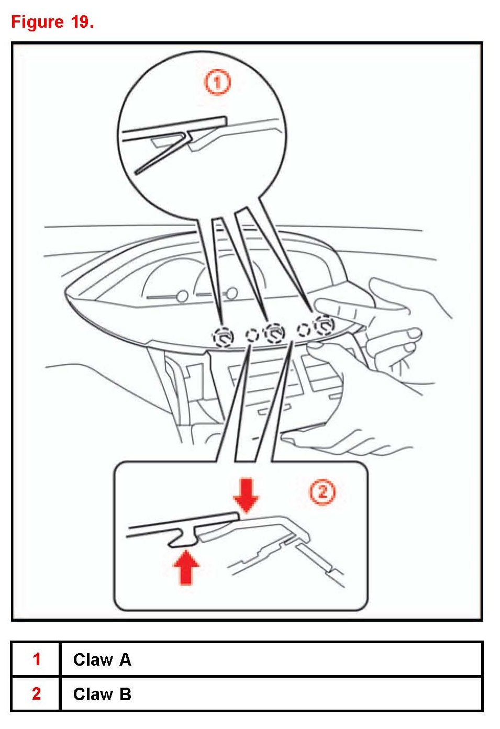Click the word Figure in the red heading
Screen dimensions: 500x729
click(37, 23)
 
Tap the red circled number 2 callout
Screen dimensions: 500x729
click(322, 491)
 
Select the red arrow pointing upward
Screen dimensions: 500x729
click(186, 567)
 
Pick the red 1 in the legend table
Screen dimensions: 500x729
click(37, 659)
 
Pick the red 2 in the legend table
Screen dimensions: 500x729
click(37, 693)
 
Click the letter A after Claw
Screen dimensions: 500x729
click(125, 660)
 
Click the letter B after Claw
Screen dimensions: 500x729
click(125, 694)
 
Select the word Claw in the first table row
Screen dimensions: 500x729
click(93, 660)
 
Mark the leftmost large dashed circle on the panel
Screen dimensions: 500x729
click(224, 337)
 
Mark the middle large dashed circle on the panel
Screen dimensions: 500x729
click(275, 333)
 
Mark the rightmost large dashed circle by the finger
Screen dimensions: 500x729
click(324, 325)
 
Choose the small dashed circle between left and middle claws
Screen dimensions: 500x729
click(252, 335)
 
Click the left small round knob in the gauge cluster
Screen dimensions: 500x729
click(182, 296)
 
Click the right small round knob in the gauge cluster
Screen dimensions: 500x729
click(231, 293)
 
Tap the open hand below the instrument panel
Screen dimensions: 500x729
click(345, 442)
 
